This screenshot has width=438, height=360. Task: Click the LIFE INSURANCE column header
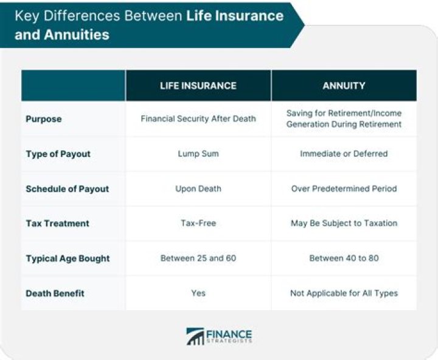click(x=198, y=86)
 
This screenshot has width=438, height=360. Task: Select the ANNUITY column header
click(x=344, y=86)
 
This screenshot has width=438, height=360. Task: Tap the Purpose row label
click(x=44, y=119)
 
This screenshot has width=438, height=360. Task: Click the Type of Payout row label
click(x=58, y=154)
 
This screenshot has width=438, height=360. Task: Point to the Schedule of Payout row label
click(x=67, y=189)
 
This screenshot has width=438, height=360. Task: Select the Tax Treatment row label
click(x=57, y=223)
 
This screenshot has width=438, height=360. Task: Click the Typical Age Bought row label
click(x=68, y=258)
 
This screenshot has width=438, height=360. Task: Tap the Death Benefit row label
click(x=55, y=293)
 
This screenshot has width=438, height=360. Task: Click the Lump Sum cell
click(x=198, y=154)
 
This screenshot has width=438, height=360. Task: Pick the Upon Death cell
click(x=198, y=189)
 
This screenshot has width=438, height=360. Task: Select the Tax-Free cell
click(x=198, y=223)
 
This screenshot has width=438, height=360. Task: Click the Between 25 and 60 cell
click(x=198, y=258)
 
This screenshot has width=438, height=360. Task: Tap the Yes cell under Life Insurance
click(x=198, y=293)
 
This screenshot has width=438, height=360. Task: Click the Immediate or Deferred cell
click(x=344, y=154)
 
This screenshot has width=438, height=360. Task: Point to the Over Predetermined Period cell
click(x=344, y=189)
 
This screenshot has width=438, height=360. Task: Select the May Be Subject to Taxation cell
click(x=344, y=223)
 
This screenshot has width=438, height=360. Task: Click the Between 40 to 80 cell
click(x=344, y=258)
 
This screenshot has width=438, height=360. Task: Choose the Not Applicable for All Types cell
click(x=344, y=293)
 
